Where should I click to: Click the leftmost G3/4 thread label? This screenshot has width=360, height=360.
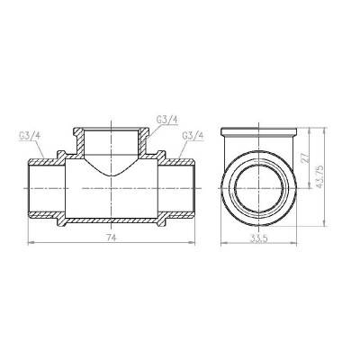coord(29,136)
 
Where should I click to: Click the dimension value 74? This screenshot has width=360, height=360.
coord(110,237)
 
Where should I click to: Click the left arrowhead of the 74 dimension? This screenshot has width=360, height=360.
coord(32,242)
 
